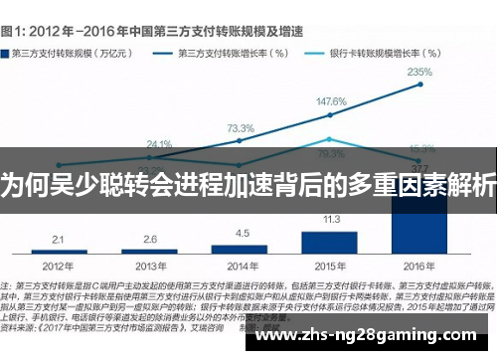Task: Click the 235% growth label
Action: (419, 73)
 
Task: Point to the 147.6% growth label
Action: (331, 102)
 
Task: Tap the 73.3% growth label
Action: (241, 129)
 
